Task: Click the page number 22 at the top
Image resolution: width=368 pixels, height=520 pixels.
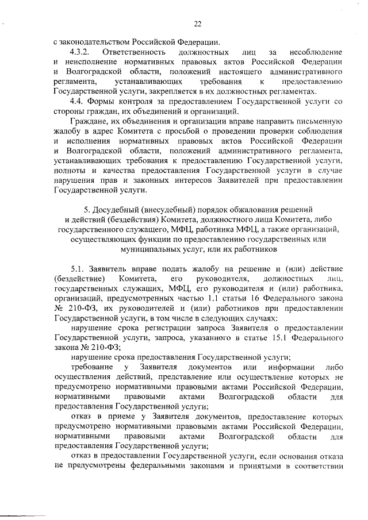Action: (198, 23)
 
